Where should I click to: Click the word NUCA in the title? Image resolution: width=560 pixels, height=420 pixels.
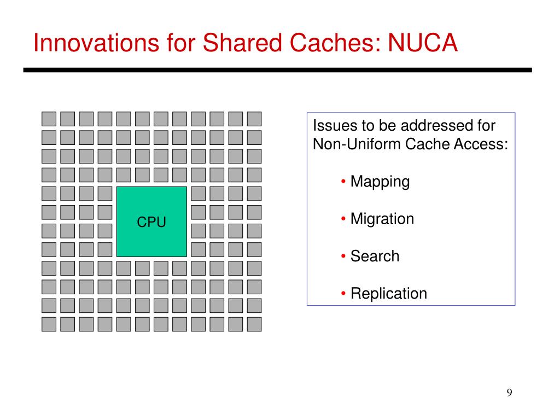422,43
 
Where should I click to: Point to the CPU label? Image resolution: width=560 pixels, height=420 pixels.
151,222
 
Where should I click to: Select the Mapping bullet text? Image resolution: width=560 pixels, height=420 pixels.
380,182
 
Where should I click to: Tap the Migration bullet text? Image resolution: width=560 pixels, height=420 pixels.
382,219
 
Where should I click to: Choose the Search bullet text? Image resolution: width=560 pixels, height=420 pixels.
375,256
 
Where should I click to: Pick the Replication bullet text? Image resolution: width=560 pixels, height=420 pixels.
388,293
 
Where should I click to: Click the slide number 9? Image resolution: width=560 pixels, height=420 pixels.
510,393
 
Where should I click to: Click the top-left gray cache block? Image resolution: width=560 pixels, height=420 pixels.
49,119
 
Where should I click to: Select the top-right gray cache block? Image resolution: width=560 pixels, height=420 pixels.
254,119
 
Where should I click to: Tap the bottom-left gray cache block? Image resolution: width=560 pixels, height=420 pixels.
49,324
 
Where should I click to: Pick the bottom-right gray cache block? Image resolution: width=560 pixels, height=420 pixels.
254,324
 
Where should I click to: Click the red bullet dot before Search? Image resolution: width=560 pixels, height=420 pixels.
343,256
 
